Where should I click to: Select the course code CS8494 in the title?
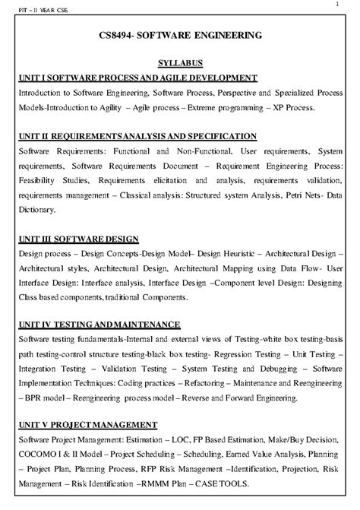[x=122, y=35]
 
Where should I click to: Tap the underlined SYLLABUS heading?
[x=179, y=63]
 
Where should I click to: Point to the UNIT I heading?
[x=137, y=78]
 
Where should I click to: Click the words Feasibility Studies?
[x=51, y=180]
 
